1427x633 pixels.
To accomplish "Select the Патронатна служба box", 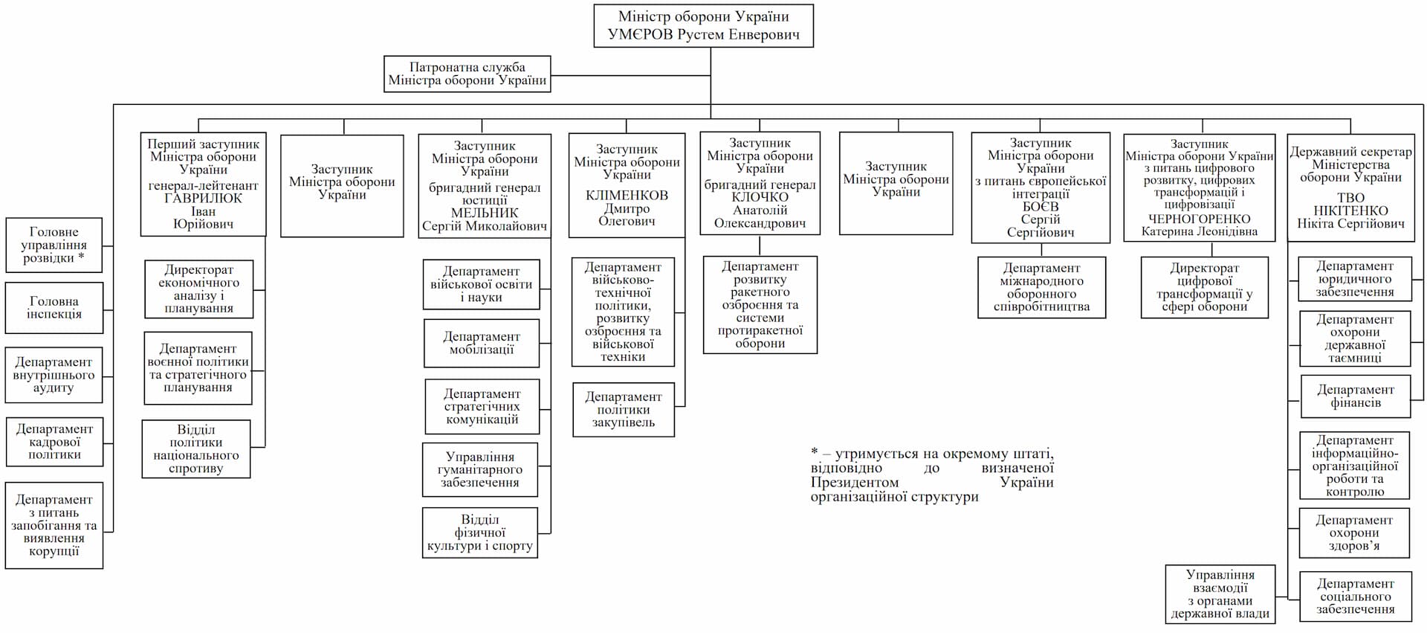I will tap(467, 74).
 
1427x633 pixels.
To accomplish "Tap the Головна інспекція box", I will tap(54, 308).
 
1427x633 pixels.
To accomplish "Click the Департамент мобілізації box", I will tap(482, 343).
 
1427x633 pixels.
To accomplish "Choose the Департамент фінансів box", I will tap(1355, 396).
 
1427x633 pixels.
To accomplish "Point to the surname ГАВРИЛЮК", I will tap(203, 199).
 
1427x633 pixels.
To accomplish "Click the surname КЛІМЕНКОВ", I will tap(627, 196).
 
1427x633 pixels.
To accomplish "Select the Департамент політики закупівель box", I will tap(624, 410).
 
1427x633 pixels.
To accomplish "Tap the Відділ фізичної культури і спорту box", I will tap(480, 533).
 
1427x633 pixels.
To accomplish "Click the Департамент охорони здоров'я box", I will tap(1354, 533).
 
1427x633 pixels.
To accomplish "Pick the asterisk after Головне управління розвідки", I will tap(81, 257).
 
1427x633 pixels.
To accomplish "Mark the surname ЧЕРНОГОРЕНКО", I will tap(1199, 219).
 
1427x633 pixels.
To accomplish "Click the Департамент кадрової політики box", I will tap(54, 442).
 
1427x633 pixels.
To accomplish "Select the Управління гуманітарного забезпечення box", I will tap(480, 469).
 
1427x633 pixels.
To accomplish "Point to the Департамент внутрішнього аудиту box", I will tap(54, 375).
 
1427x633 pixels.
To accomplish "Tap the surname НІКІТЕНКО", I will tap(1350, 211).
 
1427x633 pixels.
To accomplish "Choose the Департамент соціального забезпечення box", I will tap(1355, 597).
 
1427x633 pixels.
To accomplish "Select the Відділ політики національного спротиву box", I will tap(196, 449).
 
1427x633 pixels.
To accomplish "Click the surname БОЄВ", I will tap(1041, 207).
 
